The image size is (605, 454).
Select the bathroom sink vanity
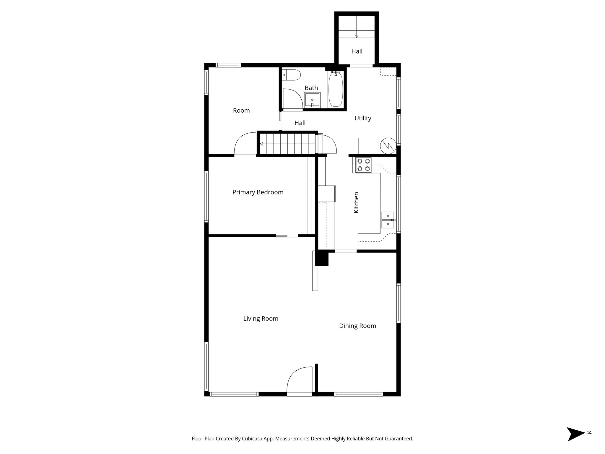tap(312, 100)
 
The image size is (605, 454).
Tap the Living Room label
tap(261, 319)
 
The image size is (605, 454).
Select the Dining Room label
tap(357, 326)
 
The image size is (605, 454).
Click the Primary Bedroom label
tap(258, 192)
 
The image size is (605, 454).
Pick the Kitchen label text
tap(356, 202)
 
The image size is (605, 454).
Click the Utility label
tap(363, 118)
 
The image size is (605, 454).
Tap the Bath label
tap(311, 88)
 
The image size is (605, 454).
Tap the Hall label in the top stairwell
tap(357, 51)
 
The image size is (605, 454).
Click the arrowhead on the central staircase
tap(261, 144)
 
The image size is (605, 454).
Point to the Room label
tap(241, 111)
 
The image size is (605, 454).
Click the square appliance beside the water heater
tap(368, 146)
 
